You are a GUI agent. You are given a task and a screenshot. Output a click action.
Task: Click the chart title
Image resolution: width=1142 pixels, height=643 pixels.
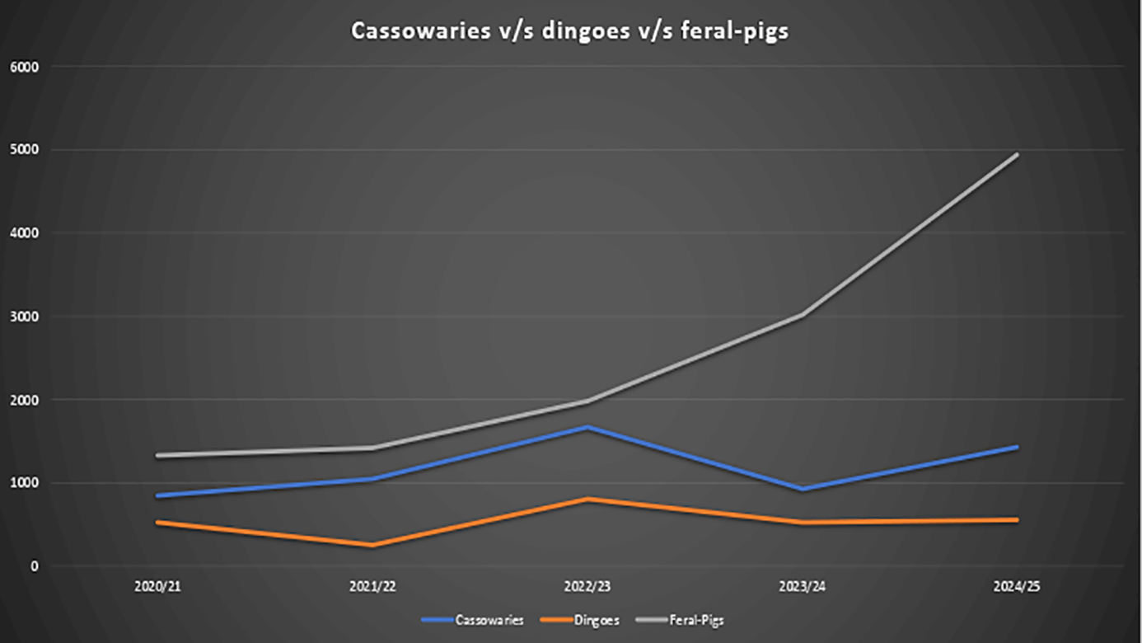coord(569,31)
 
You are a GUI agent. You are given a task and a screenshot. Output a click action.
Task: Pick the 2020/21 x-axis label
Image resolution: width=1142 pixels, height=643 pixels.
coord(157,587)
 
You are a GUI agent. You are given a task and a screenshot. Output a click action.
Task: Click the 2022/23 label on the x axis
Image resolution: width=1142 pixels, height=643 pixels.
coord(587,587)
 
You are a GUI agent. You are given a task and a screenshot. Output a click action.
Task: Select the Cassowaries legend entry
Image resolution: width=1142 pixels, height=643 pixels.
coord(489,620)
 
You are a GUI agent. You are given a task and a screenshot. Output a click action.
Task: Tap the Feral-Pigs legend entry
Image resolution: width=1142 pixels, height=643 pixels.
coord(696,620)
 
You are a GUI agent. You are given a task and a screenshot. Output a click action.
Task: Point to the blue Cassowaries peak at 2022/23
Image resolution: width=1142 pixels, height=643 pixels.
coord(587,427)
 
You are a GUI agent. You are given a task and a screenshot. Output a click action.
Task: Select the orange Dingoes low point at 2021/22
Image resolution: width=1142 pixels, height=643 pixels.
coord(372,545)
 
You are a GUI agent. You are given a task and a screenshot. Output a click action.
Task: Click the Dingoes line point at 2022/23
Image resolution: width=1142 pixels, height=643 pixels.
coord(587,499)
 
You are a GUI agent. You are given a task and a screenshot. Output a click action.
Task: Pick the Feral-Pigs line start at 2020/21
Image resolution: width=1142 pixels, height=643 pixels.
coord(157,455)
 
